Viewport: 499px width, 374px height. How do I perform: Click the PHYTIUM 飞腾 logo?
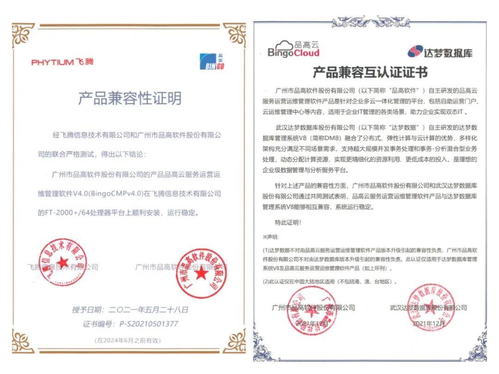(x=62, y=62)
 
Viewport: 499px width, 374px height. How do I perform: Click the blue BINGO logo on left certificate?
(x=212, y=61)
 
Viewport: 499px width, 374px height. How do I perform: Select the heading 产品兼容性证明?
(x=129, y=98)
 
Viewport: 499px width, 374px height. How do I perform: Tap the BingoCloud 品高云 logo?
(x=293, y=48)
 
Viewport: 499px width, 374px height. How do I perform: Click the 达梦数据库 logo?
(x=440, y=51)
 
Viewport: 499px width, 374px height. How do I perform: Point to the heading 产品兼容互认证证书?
(x=370, y=72)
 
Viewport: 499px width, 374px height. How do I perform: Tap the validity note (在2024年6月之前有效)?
(x=128, y=340)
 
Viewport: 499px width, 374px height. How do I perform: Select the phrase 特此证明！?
(x=288, y=223)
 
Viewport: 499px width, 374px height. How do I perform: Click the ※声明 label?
(x=271, y=237)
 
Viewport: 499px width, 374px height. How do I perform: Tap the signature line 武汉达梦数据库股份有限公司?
(x=428, y=308)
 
